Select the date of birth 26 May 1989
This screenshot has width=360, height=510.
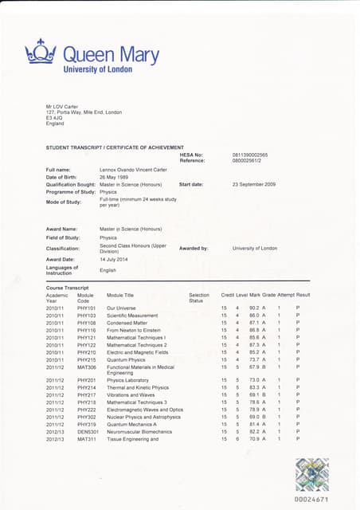[117, 176]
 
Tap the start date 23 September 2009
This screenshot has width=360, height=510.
[254, 184]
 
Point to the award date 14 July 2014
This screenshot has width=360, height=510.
[115, 259]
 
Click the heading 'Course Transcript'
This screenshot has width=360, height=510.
[67, 287]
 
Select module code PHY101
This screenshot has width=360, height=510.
[86, 308]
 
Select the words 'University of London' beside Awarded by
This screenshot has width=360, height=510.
[255, 248]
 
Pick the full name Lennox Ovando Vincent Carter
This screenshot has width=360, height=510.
[136, 169]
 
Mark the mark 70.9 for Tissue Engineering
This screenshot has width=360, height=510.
[256, 439]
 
